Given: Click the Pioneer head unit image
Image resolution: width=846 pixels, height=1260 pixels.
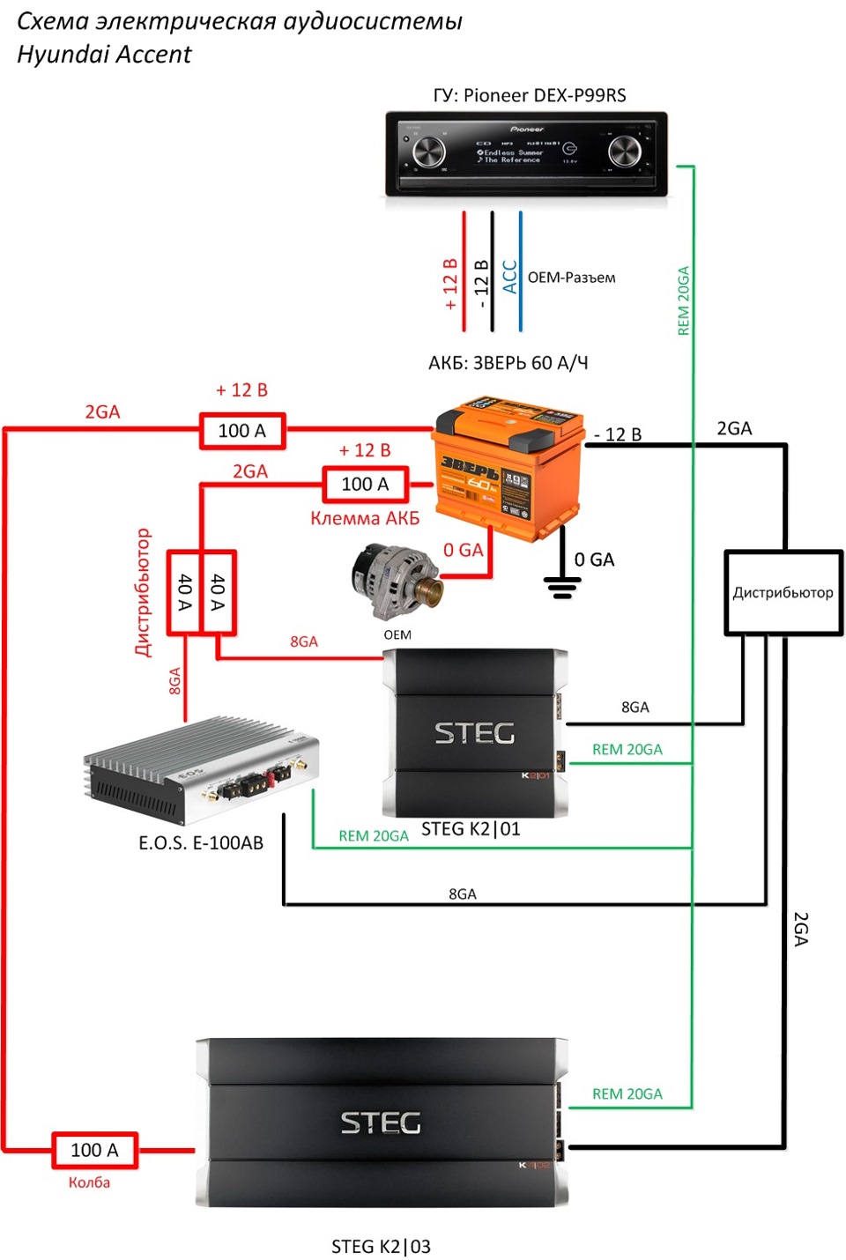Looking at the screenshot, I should (526, 153).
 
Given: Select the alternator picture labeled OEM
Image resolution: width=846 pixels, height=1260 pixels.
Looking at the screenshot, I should (394, 582).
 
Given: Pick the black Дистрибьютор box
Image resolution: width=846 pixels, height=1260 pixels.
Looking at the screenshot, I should (783, 592).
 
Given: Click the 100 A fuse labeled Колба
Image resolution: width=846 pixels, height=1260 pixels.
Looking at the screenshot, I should (94, 1150).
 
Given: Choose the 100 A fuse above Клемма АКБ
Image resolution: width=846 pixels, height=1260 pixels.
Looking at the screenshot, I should (365, 484).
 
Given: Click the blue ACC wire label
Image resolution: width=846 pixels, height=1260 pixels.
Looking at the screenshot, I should (509, 277).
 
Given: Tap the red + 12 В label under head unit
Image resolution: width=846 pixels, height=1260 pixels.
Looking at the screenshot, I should (450, 284).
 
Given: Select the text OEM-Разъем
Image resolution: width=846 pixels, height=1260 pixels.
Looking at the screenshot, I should (571, 278).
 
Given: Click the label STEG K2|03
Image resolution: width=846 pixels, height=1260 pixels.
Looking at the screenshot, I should (381, 1246).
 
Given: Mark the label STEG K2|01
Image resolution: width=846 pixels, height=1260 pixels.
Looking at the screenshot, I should (471, 829).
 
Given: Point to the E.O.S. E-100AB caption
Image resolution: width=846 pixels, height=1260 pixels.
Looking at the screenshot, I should (201, 843).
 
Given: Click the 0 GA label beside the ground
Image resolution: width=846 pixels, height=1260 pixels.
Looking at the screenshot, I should (594, 560).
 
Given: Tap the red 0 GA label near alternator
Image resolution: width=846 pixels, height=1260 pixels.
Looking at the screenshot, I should (463, 550).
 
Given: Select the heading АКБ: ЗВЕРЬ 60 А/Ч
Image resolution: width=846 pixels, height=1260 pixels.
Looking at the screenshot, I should (508, 363).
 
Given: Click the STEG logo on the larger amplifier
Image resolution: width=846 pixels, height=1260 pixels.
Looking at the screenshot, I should (381, 1123).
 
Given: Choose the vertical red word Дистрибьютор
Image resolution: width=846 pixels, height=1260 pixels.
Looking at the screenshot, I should (143, 592).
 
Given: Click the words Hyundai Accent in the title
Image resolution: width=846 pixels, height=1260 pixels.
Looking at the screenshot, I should (104, 55).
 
